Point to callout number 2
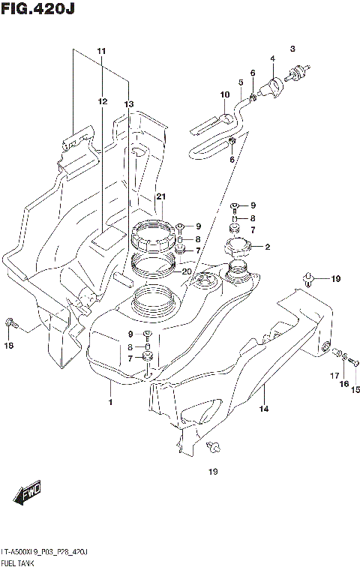tap(268, 247)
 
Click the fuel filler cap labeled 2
tap(238, 247)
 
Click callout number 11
tap(101, 50)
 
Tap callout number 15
tap(355, 389)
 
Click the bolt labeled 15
tap(354, 364)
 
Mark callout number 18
tap(9, 345)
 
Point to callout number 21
tap(160, 196)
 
